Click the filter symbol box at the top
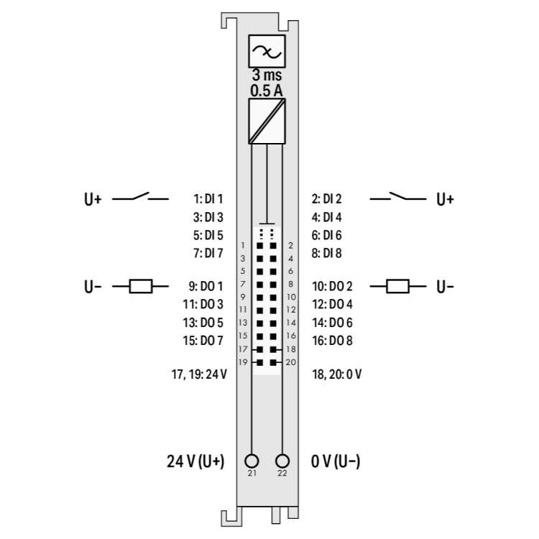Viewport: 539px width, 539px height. [267, 51]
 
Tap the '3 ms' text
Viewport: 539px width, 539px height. [267, 75]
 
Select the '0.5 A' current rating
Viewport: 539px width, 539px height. [267, 91]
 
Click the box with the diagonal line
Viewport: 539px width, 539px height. [267, 121]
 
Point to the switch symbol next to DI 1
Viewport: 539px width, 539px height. [140, 197]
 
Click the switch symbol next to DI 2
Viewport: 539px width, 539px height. [398, 197]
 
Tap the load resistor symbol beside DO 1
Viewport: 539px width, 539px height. [141, 286]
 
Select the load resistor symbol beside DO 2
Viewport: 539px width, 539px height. [397, 286]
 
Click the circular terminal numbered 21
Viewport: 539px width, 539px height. [252, 461]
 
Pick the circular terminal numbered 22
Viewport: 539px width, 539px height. [282, 461]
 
